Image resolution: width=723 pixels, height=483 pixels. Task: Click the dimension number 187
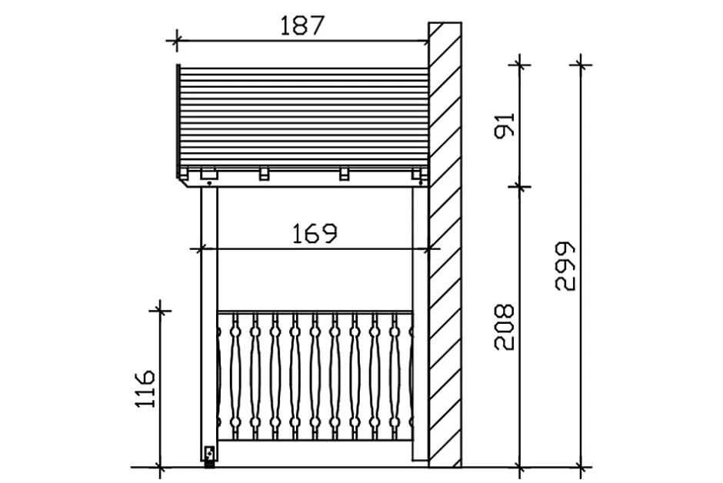[x=302, y=25]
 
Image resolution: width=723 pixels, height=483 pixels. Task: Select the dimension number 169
[x=315, y=234]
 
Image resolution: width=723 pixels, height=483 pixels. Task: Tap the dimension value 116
[x=145, y=388]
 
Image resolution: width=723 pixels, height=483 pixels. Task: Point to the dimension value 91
[x=504, y=125]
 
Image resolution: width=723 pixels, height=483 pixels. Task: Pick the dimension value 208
[x=504, y=327]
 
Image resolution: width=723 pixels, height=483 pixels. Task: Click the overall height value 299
[x=565, y=266]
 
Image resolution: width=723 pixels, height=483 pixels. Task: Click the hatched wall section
[x=445, y=245]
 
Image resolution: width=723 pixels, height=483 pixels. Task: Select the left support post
[x=209, y=323]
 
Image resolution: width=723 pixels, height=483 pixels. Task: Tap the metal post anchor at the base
[x=209, y=457]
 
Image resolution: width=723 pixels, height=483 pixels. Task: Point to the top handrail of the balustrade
[x=315, y=312]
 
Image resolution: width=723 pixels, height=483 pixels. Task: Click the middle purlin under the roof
[x=265, y=173]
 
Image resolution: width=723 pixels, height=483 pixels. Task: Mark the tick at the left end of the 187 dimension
[x=176, y=41]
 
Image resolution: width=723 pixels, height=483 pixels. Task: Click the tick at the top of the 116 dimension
[x=159, y=311]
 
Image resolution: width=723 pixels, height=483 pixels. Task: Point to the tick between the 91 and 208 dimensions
[x=520, y=187]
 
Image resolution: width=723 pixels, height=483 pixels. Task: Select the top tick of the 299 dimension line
[x=581, y=65]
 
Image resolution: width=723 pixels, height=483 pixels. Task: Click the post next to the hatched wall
[x=420, y=323]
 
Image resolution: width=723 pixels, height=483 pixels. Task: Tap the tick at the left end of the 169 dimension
[x=201, y=249]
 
